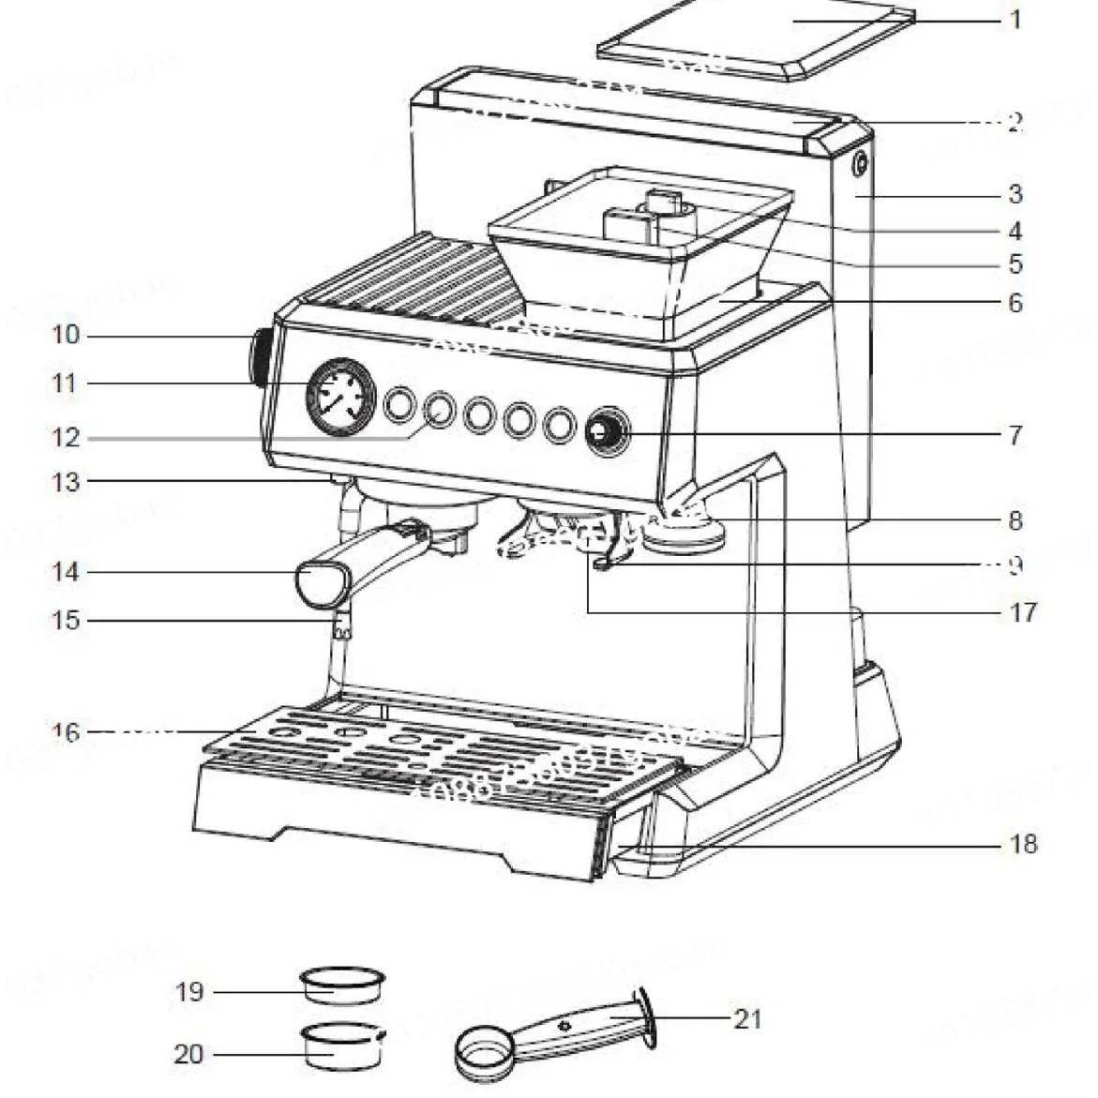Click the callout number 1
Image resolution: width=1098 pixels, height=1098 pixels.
click(x=1015, y=19)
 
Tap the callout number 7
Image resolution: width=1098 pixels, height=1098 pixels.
click(x=1015, y=435)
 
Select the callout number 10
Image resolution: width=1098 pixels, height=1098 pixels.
click(x=66, y=335)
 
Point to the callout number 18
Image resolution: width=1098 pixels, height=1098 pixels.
click(x=1023, y=844)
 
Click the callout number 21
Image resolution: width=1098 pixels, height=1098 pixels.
click(x=746, y=1018)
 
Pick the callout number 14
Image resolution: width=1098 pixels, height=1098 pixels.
click(x=66, y=571)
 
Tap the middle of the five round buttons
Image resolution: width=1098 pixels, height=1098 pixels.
click(x=479, y=414)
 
